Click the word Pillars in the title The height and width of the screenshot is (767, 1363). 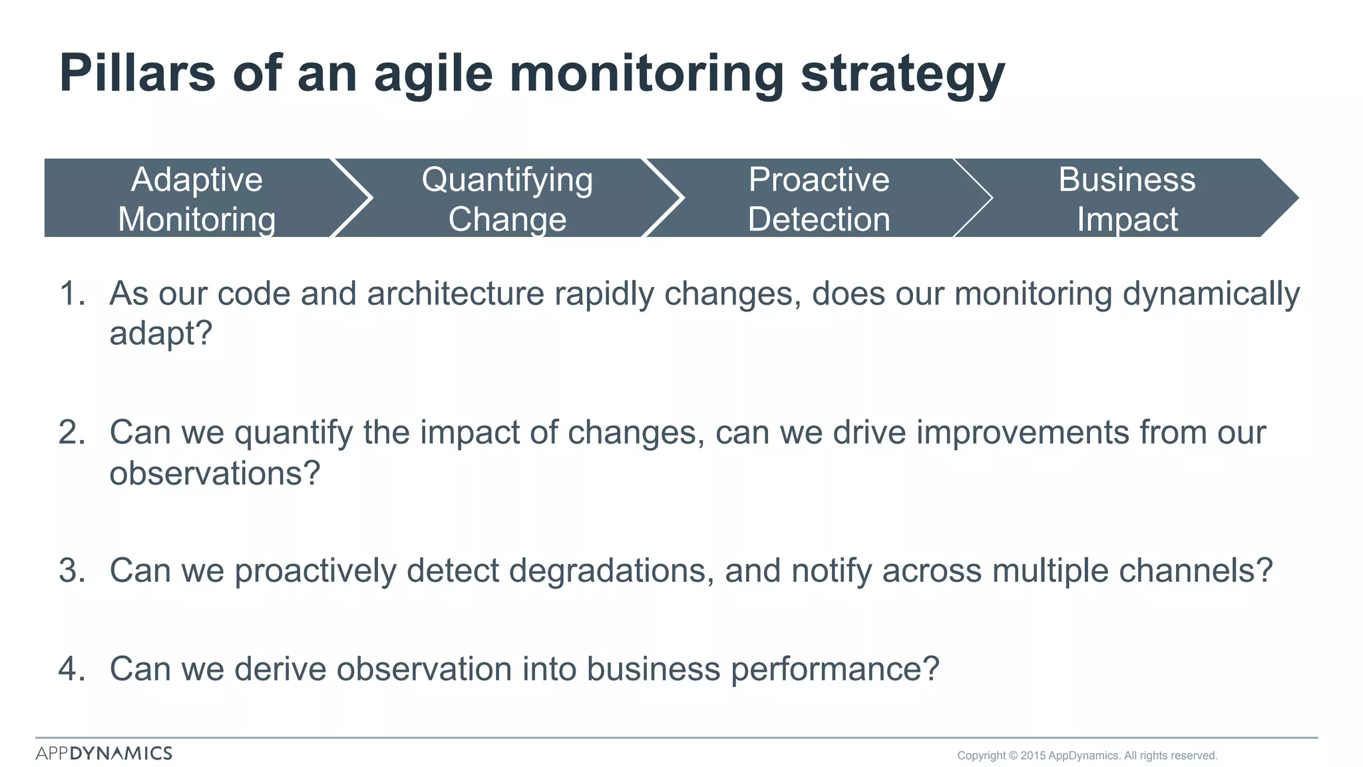137,73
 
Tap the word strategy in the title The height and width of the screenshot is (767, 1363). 902,75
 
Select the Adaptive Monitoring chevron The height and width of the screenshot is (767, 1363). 196,198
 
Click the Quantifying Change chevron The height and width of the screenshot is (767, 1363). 507,198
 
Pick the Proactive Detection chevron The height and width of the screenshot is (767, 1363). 819,198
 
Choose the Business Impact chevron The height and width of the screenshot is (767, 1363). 1127,198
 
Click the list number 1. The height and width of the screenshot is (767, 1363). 72,294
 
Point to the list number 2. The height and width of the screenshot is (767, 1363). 72,433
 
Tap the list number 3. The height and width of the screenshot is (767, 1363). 72,571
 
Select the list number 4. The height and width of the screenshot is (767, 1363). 72,669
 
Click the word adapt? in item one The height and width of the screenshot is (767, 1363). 160,333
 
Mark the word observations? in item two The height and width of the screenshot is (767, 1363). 214,473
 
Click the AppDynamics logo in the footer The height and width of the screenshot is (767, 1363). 104,753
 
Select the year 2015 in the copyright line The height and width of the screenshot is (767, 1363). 1033,756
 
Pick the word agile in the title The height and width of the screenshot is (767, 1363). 433,75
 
